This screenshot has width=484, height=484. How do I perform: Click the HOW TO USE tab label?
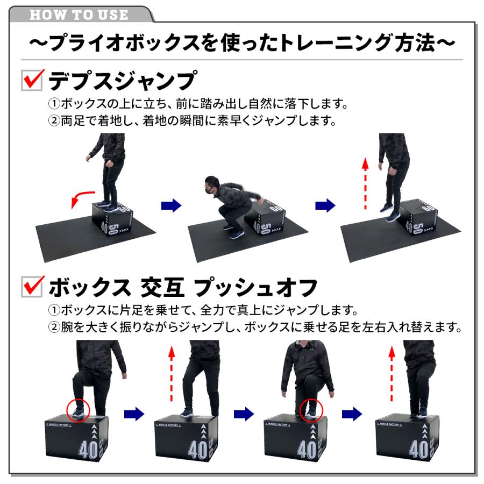click(79, 15)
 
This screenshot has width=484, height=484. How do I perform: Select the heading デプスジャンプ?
click(121, 81)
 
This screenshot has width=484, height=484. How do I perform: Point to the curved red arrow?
click(81, 200)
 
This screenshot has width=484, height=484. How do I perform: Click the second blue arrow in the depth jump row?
click(325, 205)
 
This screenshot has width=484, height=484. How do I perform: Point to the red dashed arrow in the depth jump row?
click(365, 183)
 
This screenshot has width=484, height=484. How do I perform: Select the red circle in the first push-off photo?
click(79, 410)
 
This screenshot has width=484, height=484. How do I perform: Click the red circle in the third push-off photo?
click(312, 410)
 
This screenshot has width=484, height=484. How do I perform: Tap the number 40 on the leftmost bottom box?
click(89, 448)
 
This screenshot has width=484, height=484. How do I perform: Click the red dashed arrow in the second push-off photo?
click(172, 374)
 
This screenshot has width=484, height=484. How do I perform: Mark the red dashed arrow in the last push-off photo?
click(392, 374)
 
